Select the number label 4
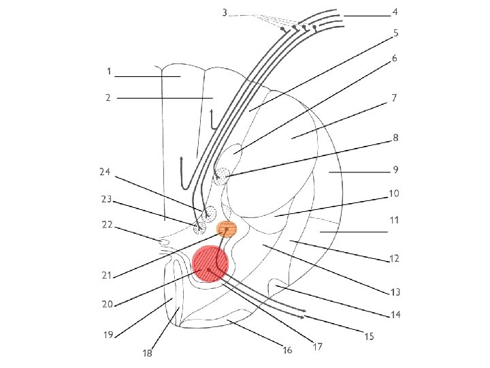tap(395, 12)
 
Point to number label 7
tap(393, 98)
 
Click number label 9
tap(395, 169)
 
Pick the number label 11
tap(394, 220)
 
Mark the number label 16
tap(287, 350)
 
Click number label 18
tap(147, 352)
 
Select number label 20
tap(108, 304)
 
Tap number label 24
tap(106, 172)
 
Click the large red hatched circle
tap(210, 264)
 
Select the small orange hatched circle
tap(226, 229)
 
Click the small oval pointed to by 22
tap(163, 242)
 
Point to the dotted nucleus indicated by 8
tap(221, 177)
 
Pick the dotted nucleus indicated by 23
tap(199, 226)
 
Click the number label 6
tap(394, 59)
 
